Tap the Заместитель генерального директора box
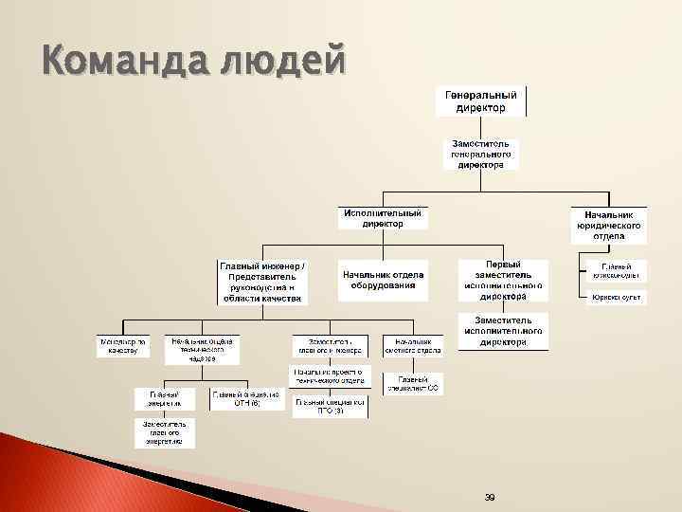coord(480,154)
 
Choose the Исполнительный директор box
coord(383,218)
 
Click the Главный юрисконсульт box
coord(615,270)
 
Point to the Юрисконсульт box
coord(615,298)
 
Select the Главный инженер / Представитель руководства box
coord(263,283)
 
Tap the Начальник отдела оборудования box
coord(382,279)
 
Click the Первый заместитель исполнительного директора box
coord(502,280)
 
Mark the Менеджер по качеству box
coord(123,345)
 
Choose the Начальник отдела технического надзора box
coord(202,349)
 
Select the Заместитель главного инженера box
coord(330,345)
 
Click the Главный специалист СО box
coord(413,383)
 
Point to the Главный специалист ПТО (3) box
coord(329,406)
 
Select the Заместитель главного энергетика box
coord(164,432)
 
